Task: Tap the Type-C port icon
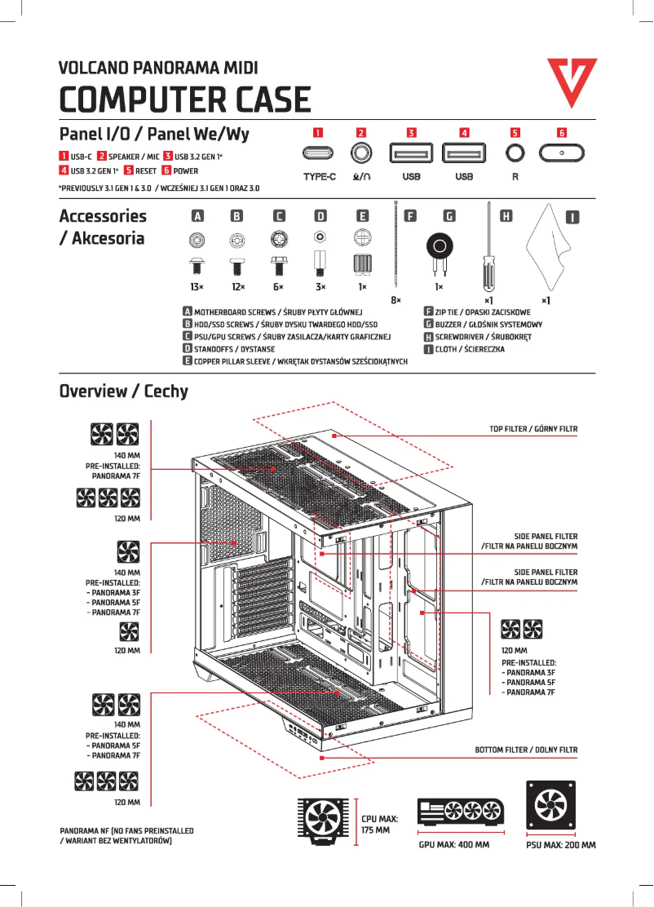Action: click(x=320, y=153)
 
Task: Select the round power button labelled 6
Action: click(x=562, y=153)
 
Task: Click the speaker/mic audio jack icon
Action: click(x=360, y=153)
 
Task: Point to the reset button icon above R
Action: click(x=514, y=153)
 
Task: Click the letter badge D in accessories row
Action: click(x=320, y=216)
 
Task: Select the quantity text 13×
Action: click(x=197, y=287)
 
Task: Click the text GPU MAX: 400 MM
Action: click(x=453, y=844)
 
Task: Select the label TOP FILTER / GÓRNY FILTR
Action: click(x=533, y=428)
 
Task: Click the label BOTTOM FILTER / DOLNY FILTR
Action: click(x=526, y=749)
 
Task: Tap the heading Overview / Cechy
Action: click(x=123, y=391)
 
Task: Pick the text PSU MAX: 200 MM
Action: click(x=561, y=845)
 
